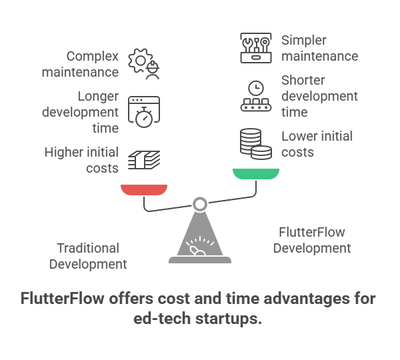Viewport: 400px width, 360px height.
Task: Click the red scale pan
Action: point(144,189)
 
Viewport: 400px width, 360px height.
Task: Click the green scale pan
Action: point(256,174)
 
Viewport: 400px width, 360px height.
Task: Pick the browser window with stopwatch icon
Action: point(145,111)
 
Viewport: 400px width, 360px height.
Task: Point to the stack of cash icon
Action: point(145,159)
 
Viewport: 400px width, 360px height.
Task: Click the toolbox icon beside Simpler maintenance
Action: point(256,48)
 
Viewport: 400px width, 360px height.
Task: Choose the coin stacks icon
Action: point(256,144)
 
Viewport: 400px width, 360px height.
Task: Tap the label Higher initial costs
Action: point(82,160)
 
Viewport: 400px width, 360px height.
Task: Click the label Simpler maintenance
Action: point(319,48)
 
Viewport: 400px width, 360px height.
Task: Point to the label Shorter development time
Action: point(319,95)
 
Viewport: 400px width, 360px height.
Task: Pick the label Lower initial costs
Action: point(317,144)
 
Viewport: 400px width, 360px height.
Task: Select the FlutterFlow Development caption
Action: point(312,240)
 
